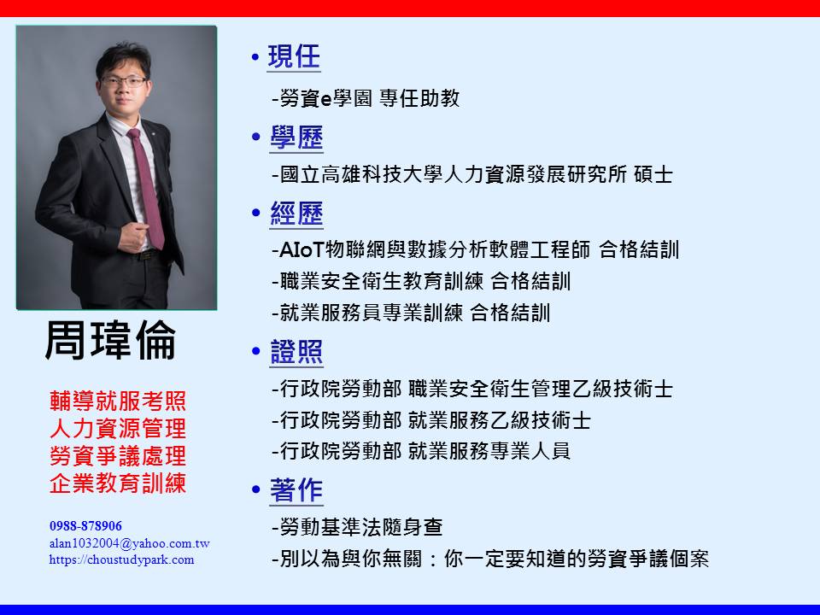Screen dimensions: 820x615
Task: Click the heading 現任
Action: click(293, 56)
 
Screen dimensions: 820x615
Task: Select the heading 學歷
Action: click(296, 138)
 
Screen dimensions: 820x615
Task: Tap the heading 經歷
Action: click(296, 214)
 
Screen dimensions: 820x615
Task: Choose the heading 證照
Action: click(296, 351)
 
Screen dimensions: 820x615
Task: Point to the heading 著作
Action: click(296, 490)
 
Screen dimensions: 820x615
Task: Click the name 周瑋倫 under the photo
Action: click(110, 340)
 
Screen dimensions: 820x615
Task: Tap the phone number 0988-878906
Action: click(85, 525)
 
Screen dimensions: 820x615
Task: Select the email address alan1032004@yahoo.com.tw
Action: click(130, 543)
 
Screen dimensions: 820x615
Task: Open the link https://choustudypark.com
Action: click(122, 559)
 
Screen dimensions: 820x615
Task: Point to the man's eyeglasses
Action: click(124, 81)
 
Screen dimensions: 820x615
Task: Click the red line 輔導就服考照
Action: click(118, 401)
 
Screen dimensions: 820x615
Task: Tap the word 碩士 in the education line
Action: click(653, 174)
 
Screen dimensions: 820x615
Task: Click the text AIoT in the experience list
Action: click(302, 250)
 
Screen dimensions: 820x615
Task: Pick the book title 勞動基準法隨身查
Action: click(361, 527)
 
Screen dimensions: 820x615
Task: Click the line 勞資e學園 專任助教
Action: click(366, 98)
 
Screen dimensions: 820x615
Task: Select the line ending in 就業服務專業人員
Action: click(421, 451)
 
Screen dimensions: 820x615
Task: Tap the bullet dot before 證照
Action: click(255, 351)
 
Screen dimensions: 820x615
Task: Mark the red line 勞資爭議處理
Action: click(118, 455)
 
